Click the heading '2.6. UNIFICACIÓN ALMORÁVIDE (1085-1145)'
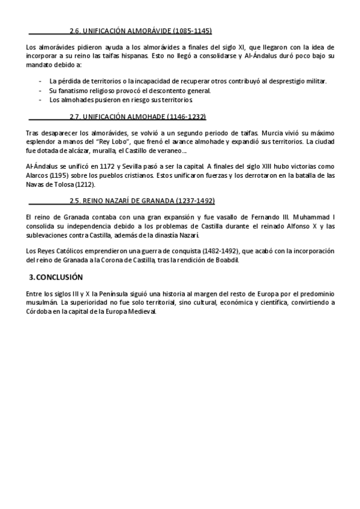click(x=140, y=30)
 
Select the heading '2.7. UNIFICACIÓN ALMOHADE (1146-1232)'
click(x=138, y=116)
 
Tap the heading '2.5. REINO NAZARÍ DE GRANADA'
click(x=142, y=200)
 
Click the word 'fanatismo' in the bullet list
click(x=74, y=90)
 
